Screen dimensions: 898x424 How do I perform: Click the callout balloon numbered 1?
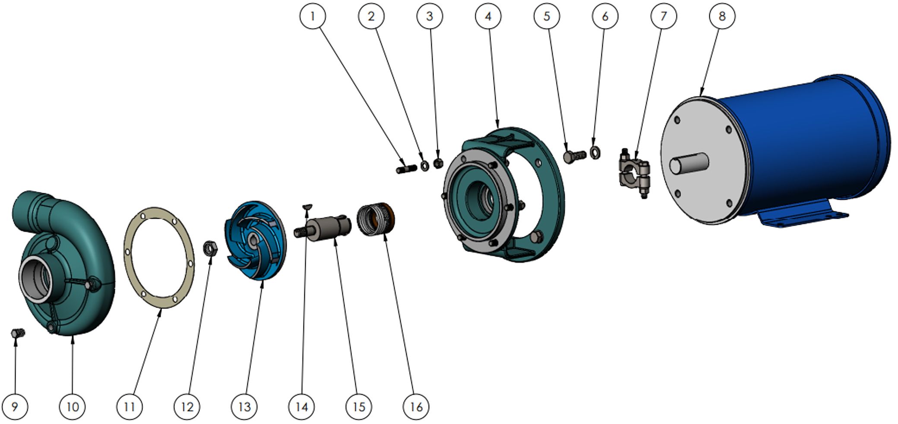(313, 16)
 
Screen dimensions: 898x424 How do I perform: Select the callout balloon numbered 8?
(722, 16)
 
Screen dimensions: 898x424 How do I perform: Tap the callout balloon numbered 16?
(416, 406)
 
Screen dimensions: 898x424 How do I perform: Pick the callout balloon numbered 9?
(15, 406)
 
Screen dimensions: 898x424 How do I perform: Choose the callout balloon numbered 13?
(244, 406)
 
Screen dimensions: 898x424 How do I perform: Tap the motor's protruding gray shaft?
(689, 164)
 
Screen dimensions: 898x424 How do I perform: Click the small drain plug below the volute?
(18, 333)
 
